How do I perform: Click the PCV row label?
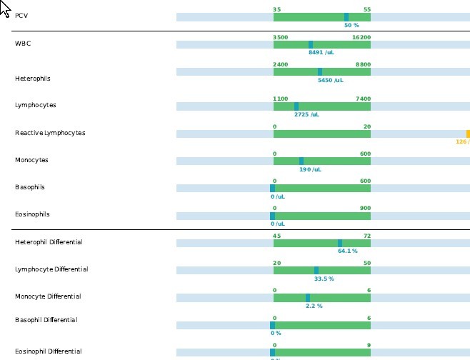coord(21,16)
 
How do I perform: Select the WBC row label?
coord(23,44)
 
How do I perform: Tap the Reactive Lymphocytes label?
coord(49,133)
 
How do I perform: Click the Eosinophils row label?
coord(31,214)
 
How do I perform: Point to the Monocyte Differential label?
coord(48,296)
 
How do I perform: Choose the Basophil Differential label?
coord(46,319)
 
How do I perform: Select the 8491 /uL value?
coord(321,52)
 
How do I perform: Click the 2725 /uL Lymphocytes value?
coord(306,114)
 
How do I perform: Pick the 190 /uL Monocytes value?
coord(310,169)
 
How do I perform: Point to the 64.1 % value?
coord(347,251)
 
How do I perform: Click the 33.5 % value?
coord(324,279)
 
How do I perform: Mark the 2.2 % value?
coord(314,306)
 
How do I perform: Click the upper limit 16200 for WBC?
coord(361,37)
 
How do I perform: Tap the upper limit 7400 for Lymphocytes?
coord(362,99)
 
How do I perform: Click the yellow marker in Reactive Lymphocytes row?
coord(468,134)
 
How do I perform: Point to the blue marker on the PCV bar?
coord(346,16)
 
